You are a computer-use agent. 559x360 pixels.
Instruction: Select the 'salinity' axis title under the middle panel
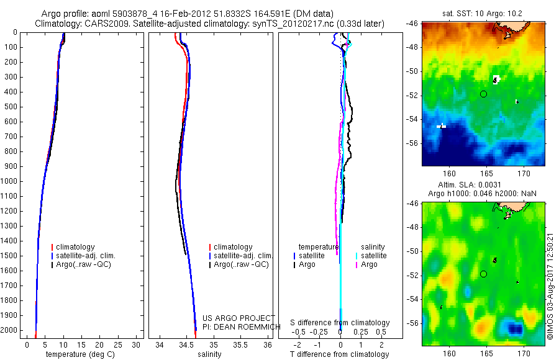tap(209, 354)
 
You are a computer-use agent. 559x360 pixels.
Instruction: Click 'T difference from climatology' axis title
tap(339, 354)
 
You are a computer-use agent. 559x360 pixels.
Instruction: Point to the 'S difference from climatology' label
tap(340, 323)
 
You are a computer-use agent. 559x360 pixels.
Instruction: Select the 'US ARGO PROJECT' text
tap(230, 318)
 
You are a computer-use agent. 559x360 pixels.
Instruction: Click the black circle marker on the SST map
tap(483, 94)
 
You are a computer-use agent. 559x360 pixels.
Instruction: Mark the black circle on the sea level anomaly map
tap(483, 274)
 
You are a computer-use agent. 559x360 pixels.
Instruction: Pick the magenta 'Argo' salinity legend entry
tap(369, 264)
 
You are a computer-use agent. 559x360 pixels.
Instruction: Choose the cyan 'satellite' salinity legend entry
tap(374, 256)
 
